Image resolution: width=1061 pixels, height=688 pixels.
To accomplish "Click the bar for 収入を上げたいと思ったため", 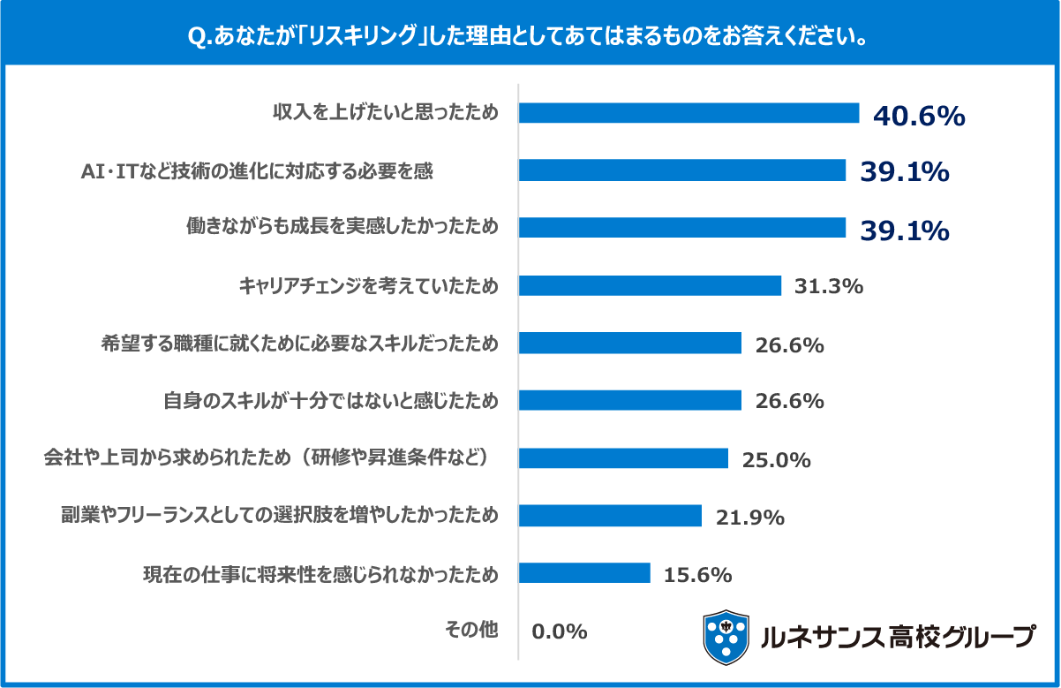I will [x=689, y=113].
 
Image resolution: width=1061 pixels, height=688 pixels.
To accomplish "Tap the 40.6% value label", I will [x=919, y=117].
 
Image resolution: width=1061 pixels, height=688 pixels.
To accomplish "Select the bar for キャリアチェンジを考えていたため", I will [x=650, y=285].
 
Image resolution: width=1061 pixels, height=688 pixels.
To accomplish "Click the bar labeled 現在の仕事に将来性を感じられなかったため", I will [x=584, y=573].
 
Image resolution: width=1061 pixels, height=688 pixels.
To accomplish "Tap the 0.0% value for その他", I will [x=560, y=631].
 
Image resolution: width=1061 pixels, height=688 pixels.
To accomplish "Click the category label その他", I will [x=471, y=631].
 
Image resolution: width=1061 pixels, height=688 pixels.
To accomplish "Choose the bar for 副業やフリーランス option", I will [x=610, y=515].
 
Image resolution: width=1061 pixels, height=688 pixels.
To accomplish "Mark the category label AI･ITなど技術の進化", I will [x=257, y=170].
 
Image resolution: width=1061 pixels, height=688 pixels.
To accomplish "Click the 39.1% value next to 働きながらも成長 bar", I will [x=905, y=231].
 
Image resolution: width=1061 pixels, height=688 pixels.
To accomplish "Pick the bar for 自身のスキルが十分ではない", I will [x=629, y=400].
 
